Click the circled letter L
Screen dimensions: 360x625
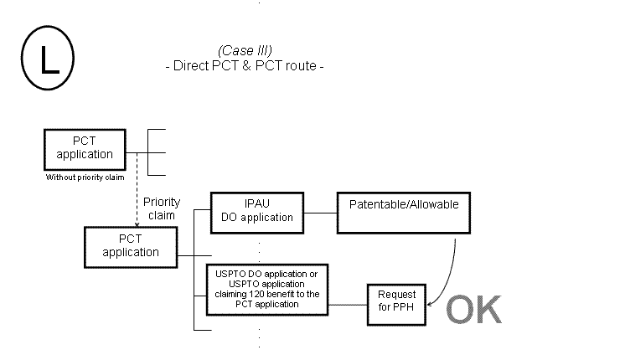[x=49, y=59]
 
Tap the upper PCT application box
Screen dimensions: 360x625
[x=84, y=148]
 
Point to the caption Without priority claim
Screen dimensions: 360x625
[x=84, y=177]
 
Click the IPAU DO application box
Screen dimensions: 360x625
[x=256, y=211]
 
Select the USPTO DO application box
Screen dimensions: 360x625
[x=266, y=289]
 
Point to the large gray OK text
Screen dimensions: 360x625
[x=473, y=310]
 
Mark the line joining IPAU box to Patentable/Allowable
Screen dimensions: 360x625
[x=319, y=212]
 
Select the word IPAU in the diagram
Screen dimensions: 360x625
[x=257, y=204]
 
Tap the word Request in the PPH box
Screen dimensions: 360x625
[x=396, y=296]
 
